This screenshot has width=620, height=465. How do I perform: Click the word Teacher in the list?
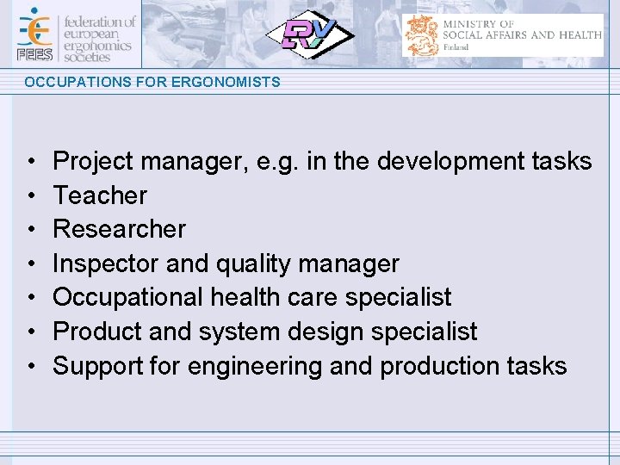coord(100,195)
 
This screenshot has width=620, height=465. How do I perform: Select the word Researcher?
coord(119,229)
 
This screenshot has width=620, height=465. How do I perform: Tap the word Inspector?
coord(106,263)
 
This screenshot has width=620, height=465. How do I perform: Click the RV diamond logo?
coord(307,35)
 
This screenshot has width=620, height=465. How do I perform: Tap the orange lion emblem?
coord(422,35)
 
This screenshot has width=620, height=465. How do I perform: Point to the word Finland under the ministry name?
coord(456,47)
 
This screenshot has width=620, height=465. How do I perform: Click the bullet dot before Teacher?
coord(30,196)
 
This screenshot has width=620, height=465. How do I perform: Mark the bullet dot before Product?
coord(30,332)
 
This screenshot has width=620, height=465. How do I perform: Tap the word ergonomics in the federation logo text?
coord(98,45)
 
